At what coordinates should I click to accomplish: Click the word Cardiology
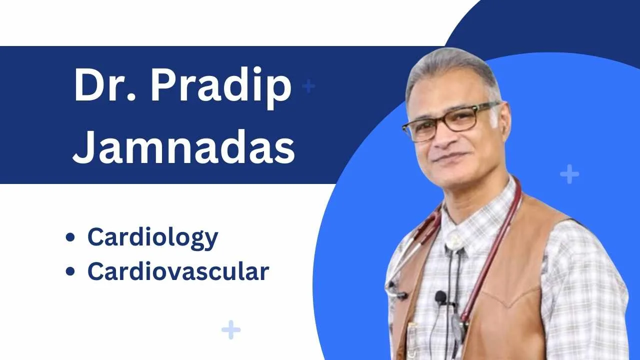click(152, 237)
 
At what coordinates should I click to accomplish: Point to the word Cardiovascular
click(178, 271)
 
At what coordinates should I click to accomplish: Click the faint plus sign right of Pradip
click(309, 86)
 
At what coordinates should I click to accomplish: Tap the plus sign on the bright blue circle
click(569, 174)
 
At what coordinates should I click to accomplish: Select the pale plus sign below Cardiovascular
click(230, 329)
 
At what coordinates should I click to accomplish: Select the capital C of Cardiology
click(97, 237)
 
